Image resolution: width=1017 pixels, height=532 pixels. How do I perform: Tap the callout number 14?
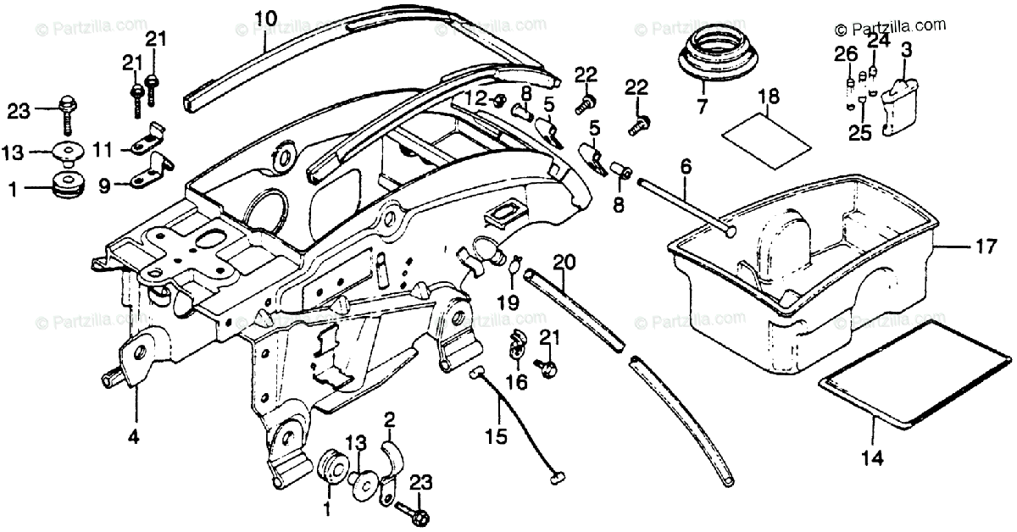(x=872, y=458)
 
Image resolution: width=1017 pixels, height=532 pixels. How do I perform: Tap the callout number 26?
(x=841, y=55)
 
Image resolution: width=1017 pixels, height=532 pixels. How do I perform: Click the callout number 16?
(x=516, y=382)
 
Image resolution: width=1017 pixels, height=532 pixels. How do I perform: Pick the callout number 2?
(x=389, y=419)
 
